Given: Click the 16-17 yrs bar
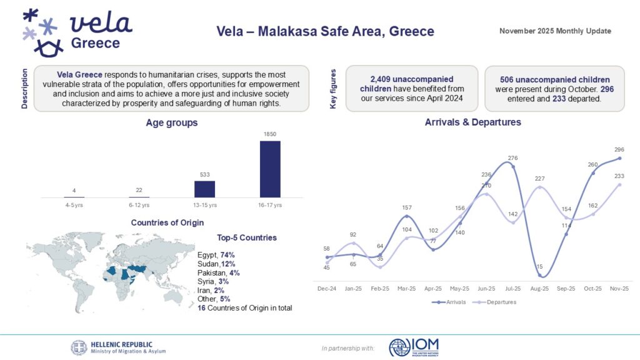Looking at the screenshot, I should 270,169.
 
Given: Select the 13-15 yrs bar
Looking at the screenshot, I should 204,189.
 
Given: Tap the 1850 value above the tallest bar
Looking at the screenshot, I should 270,134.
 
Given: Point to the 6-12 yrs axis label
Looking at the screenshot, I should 139,205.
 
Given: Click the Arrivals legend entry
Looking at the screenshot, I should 448,302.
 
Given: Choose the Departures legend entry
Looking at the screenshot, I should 496,302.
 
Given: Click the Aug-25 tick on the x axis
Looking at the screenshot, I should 540,289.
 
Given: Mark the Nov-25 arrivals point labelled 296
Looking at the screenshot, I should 619,158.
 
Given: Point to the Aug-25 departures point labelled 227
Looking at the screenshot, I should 540,187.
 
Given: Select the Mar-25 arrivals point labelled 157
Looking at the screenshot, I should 407,216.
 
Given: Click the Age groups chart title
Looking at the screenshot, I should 172,123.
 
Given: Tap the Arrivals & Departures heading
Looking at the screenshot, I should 472,122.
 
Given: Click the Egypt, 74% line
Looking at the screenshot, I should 216,255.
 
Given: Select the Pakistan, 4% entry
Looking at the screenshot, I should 218,273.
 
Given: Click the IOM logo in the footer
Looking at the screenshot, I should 414,347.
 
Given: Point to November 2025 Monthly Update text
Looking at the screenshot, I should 555,31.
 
